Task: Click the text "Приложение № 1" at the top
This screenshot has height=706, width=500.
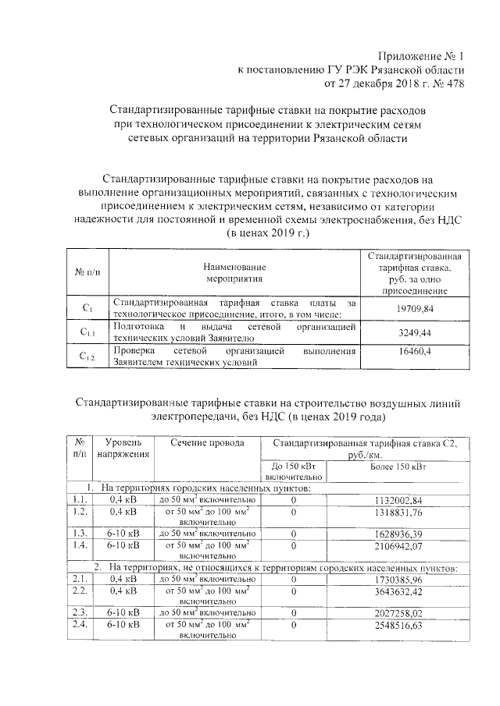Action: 420,56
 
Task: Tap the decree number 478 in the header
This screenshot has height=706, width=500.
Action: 453,84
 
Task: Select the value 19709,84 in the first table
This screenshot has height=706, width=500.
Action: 415,308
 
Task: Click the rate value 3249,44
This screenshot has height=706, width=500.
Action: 415,332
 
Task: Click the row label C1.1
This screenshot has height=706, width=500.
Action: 87,333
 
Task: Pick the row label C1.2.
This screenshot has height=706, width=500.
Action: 87,357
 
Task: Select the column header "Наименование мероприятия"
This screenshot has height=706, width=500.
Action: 235,271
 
